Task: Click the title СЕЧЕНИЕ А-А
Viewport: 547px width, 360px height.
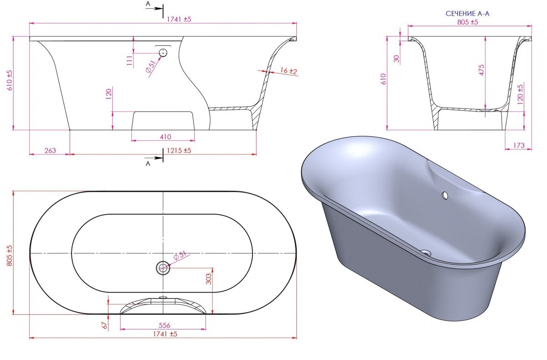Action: click(468, 14)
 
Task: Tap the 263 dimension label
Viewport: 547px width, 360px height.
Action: click(51, 150)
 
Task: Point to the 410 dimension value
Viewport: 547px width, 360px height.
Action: click(165, 137)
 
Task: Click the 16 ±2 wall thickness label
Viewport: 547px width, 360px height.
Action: click(289, 71)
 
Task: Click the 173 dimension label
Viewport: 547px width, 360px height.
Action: click(519, 146)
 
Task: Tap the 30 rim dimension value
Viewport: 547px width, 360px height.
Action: click(396, 58)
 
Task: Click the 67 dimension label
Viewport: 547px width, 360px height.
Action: click(104, 325)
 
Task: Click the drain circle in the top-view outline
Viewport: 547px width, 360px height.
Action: click(163, 268)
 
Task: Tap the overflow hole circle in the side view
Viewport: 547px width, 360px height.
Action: click(163, 53)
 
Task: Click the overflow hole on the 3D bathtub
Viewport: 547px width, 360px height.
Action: click(444, 195)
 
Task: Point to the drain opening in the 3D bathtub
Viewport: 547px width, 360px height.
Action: click(426, 251)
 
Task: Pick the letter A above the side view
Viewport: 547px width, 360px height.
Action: click(147, 4)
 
